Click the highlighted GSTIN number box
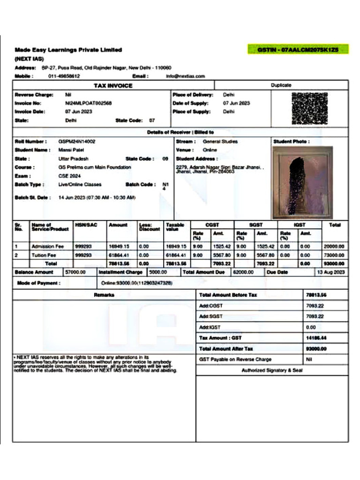point(298,49)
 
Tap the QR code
point(309,108)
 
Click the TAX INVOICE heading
point(113,85)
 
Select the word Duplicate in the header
point(281,85)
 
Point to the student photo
point(302,182)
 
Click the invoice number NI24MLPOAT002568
point(89,103)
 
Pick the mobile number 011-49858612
point(64,76)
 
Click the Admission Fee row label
point(47,246)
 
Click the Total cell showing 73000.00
point(334,255)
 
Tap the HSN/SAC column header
point(85,225)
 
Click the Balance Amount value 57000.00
point(75,272)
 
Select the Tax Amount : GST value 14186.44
point(315,338)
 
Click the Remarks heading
point(104,295)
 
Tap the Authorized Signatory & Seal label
point(272,370)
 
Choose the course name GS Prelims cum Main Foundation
point(95,167)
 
